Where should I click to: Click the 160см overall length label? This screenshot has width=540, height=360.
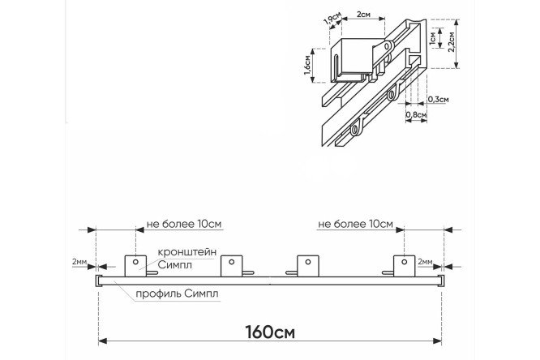point(270,332)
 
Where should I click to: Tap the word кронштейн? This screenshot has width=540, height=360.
point(187,252)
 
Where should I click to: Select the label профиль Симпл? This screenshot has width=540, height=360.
point(177,294)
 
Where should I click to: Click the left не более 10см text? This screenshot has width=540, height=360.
point(184,224)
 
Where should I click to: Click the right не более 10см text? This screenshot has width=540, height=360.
point(355,224)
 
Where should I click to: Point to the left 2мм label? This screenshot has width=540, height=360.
point(79,262)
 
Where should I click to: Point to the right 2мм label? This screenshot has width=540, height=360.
point(425,262)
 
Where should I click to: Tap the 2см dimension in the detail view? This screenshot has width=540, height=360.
point(363,14)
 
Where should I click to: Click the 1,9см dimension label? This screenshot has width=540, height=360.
point(332,19)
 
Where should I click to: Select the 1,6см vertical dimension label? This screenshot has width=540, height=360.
point(307,65)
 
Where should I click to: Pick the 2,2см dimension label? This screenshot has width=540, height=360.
point(451,41)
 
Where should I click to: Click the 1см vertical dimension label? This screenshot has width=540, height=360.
point(433,38)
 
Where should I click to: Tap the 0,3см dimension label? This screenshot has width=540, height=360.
point(439,100)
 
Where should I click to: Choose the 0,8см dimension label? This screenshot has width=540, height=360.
point(417,114)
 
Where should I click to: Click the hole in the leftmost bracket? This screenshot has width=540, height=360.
point(135,262)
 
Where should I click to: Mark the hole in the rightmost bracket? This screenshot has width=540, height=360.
point(405,262)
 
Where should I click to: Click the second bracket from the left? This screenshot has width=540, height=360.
point(231,266)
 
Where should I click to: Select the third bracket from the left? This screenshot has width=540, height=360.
point(307,266)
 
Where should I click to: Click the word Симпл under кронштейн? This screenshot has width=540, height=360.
point(174,265)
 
